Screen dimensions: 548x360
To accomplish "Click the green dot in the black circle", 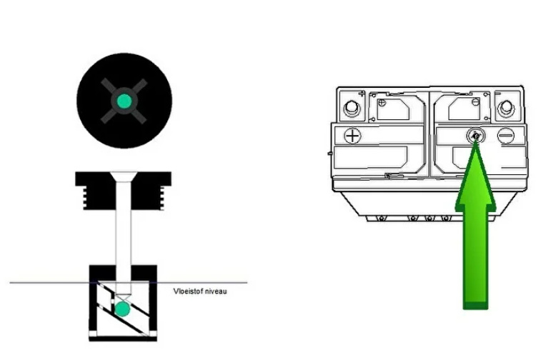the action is pos(124,101).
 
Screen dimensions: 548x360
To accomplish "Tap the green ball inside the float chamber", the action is pos(122,309).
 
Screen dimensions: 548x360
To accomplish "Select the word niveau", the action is pos(216,291).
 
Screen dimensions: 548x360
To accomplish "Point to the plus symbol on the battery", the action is pos(353,136).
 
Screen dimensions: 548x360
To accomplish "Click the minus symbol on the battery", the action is pos(506,136).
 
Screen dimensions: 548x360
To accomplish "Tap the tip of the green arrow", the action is pos(475,140).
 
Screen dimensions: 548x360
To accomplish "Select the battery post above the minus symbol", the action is pos(506,108).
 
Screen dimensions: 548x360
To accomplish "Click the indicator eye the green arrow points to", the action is pos(476,135).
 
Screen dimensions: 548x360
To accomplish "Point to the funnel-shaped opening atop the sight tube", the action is pos(124,176).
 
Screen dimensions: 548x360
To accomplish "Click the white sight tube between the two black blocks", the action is pos(124,238).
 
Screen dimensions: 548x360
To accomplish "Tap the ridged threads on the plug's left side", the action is pos(84,198).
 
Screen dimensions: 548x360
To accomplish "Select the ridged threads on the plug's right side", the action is pos(161,198).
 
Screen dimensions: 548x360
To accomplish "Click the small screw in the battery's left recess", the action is pos(382,102).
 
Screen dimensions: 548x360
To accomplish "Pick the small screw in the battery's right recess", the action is pos(475,102).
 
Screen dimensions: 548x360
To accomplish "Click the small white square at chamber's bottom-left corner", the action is pos(93,334).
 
